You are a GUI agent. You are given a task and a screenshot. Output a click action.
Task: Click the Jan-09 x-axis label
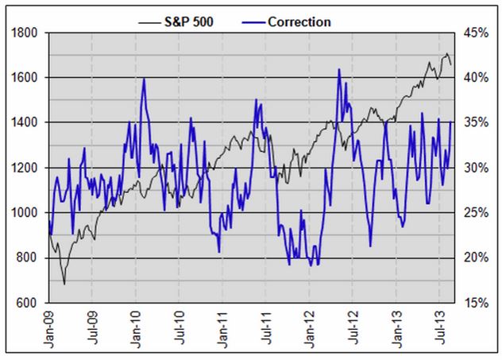(x=50, y=329)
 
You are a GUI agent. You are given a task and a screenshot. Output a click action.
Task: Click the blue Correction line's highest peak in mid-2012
(x=339, y=69)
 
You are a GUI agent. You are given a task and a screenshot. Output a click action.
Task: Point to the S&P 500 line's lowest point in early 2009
(x=64, y=284)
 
